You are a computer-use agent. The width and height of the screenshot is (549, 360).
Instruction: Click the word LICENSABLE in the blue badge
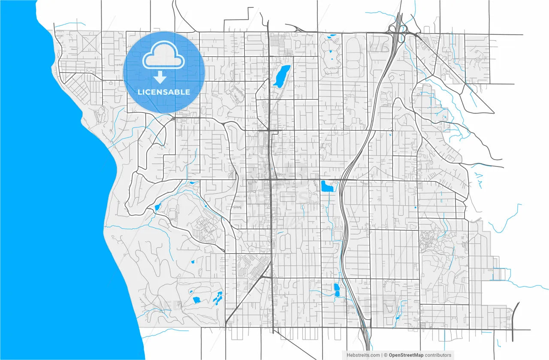click(x=164, y=92)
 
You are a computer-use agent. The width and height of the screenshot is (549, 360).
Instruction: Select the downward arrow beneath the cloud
click(x=160, y=77)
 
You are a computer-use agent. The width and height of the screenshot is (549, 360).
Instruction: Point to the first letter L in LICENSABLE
click(x=139, y=92)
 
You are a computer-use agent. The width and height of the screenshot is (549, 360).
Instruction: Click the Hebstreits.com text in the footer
click(x=363, y=355)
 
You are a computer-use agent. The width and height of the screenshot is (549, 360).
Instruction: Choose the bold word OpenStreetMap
click(x=406, y=355)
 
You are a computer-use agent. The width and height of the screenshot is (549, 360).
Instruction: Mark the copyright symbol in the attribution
click(x=386, y=355)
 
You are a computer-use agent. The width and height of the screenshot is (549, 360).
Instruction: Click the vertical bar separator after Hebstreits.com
click(x=382, y=355)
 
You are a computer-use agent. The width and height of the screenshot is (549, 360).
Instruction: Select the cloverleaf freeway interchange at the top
click(x=398, y=33)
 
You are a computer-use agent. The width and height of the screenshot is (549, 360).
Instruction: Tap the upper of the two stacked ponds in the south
click(x=336, y=286)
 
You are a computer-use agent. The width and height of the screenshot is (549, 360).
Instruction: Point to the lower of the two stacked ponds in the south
click(x=337, y=294)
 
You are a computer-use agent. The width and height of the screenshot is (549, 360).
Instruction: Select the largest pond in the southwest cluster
click(x=196, y=300)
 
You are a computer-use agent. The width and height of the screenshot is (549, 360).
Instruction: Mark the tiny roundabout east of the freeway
click(x=392, y=130)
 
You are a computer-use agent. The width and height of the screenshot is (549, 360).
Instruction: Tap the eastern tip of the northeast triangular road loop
click(x=494, y=113)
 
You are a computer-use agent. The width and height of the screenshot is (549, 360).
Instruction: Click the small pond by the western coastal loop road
click(x=157, y=207)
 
